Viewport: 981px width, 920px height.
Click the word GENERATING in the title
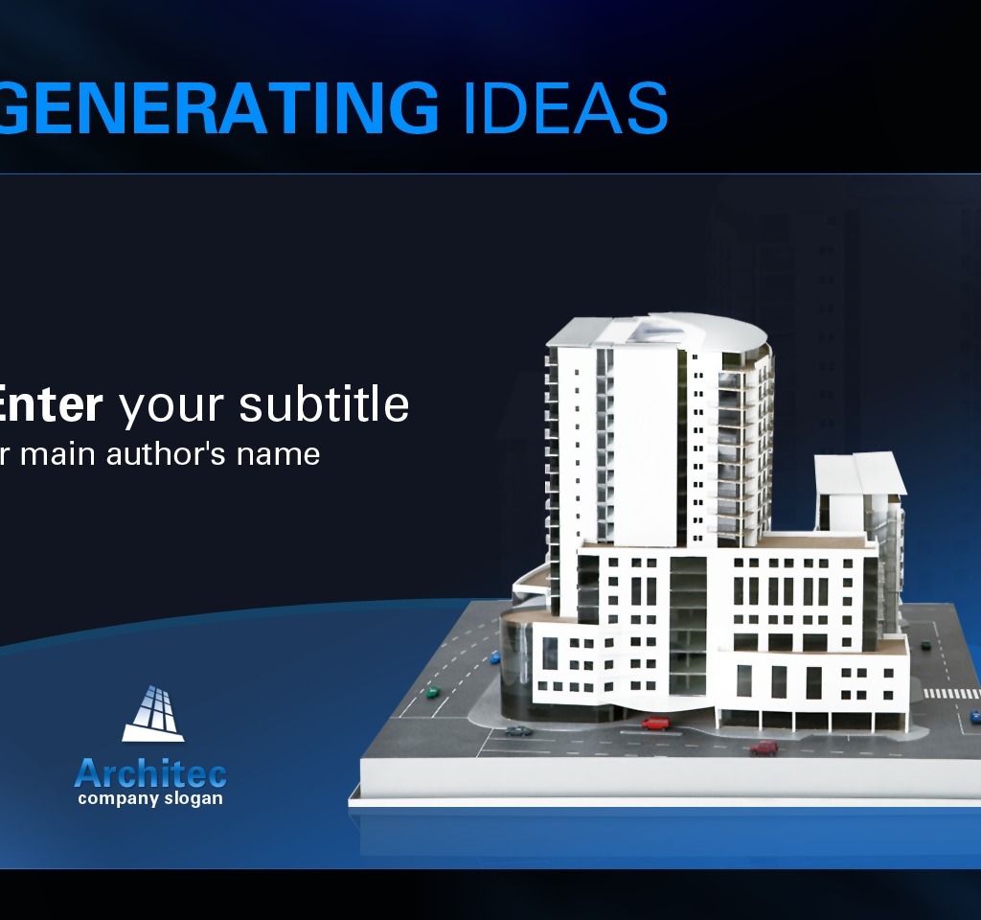pyautogui.click(x=216, y=107)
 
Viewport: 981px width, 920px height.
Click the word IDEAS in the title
pyautogui.click(x=564, y=107)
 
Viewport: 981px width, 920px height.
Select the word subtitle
pyautogui.click(x=324, y=404)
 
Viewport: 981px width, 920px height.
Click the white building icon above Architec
pyautogui.click(x=153, y=714)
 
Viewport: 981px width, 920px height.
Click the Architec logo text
pyautogui.click(x=150, y=772)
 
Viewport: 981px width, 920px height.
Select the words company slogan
pyautogui.click(x=150, y=798)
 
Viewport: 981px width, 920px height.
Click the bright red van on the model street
pyautogui.click(x=656, y=723)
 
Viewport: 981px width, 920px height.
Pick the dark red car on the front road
pyautogui.click(x=764, y=747)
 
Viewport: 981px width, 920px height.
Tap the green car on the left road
pyautogui.click(x=432, y=691)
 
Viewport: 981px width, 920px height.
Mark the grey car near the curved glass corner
pyautogui.click(x=518, y=731)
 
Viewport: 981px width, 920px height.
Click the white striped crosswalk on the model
pyautogui.click(x=950, y=693)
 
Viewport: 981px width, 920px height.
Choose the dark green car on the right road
pyautogui.click(x=925, y=645)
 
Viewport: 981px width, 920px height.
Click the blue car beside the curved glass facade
pyautogui.click(x=495, y=657)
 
